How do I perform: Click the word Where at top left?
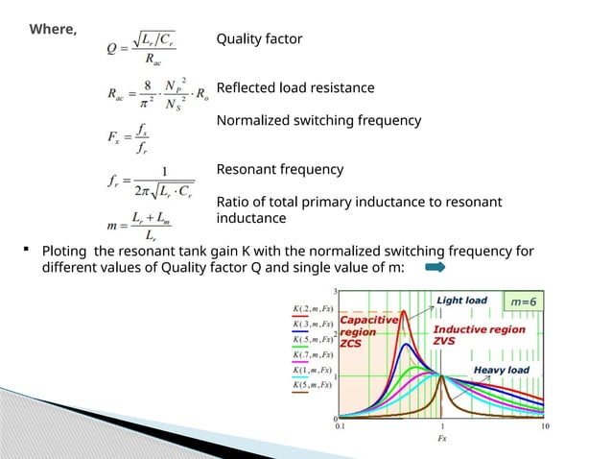point(53,29)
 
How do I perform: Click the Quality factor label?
point(259,39)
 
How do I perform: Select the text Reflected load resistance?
point(295,88)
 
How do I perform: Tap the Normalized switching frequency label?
point(318,121)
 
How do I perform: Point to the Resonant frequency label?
point(279,170)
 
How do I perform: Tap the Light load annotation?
point(462,301)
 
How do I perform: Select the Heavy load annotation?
point(501,370)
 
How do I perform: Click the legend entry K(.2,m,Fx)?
point(311,308)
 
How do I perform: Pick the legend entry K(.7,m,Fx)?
point(311,354)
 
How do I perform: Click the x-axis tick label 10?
point(545,427)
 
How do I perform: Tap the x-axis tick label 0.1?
point(341,427)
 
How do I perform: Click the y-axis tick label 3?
point(335,290)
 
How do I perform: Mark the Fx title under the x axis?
point(441,439)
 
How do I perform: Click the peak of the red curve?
point(405,311)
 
